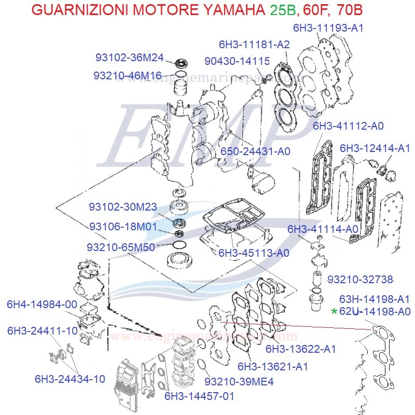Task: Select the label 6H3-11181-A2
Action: coord(254,45)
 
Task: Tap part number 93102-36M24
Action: coord(130,57)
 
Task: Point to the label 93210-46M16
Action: coord(128,75)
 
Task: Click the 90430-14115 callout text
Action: coord(237,61)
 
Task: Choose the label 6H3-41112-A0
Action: coord(348,126)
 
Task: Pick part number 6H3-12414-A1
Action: coord(375,148)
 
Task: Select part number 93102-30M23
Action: coord(122,207)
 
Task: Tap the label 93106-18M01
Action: coord(122,227)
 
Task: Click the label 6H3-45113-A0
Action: coord(254,253)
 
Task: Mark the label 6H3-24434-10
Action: coord(70,379)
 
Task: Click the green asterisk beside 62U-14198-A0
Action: coord(334,312)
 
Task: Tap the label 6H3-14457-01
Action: coord(200,396)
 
